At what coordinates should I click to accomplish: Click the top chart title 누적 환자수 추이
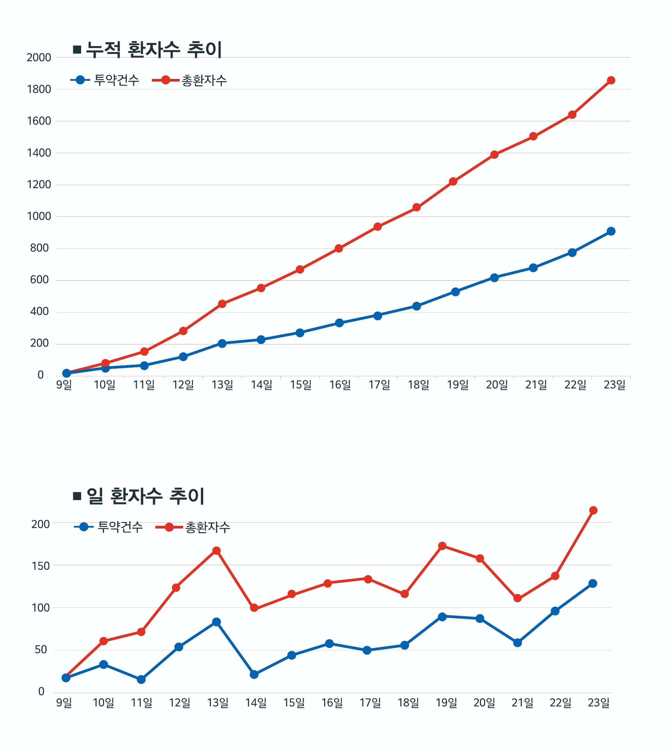pyautogui.click(x=153, y=49)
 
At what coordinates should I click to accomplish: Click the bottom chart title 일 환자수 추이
pyautogui.click(x=145, y=496)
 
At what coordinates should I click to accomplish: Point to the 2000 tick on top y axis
pyautogui.click(x=39, y=58)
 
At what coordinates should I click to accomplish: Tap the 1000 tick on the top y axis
pyautogui.click(x=39, y=217)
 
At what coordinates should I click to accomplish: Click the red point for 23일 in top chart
pyautogui.click(x=611, y=80)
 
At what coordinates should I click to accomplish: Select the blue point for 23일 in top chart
pyautogui.click(x=611, y=231)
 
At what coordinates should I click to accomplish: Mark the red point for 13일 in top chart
pyautogui.click(x=222, y=304)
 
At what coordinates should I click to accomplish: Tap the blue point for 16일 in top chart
pyautogui.click(x=340, y=323)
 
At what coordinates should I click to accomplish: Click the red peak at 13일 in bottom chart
pyautogui.click(x=217, y=551)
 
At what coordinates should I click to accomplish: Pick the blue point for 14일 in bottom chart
pyautogui.click(x=254, y=674)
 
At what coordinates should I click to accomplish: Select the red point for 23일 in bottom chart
pyautogui.click(x=593, y=510)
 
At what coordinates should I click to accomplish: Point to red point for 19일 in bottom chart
pyautogui.click(x=442, y=546)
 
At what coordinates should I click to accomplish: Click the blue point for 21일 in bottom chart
pyautogui.click(x=517, y=642)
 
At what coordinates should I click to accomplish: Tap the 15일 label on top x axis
pyautogui.click(x=301, y=385)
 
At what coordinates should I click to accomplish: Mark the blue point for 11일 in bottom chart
pyautogui.click(x=141, y=679)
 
